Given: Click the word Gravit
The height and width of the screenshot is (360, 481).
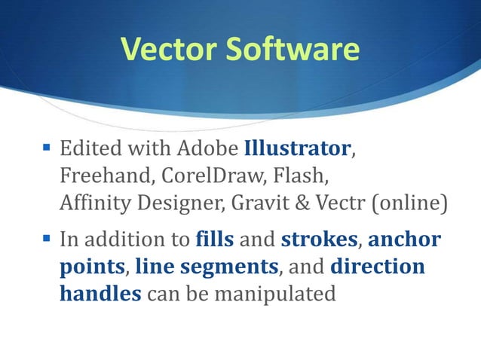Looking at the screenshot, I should (265, 203).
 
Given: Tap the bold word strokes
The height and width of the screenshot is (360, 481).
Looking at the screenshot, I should (317, 241).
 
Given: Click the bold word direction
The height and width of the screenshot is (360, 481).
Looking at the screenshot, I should (377, 267).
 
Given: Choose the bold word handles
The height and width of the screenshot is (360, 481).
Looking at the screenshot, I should (100, 294).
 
